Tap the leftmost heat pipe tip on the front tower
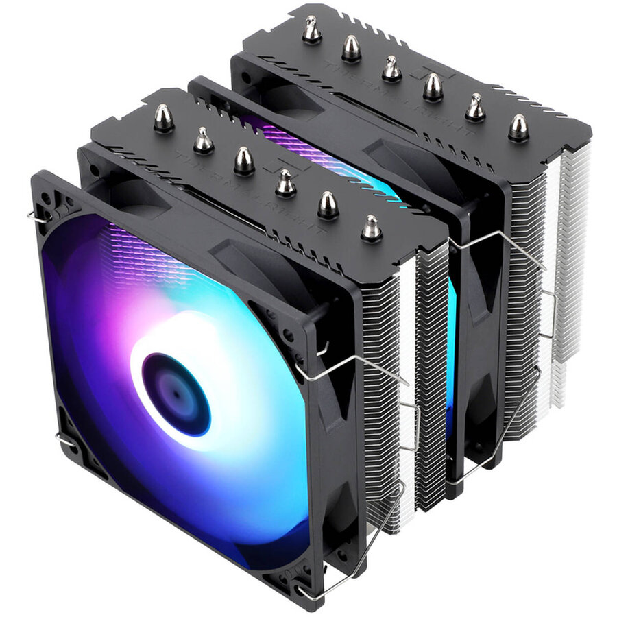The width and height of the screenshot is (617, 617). pos(163,118)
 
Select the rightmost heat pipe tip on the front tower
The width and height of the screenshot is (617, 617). pos(371,228)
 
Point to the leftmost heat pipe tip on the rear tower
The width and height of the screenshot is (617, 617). pos(312,29)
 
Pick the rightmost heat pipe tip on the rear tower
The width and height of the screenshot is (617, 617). pos(518,128)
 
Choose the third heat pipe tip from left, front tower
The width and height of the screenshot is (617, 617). pos(244,161)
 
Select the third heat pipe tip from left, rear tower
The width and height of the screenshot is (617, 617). pos(391,69)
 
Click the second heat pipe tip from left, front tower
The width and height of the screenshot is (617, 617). pos(204,141)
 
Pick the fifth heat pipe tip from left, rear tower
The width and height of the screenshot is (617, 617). pos(474,108)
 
